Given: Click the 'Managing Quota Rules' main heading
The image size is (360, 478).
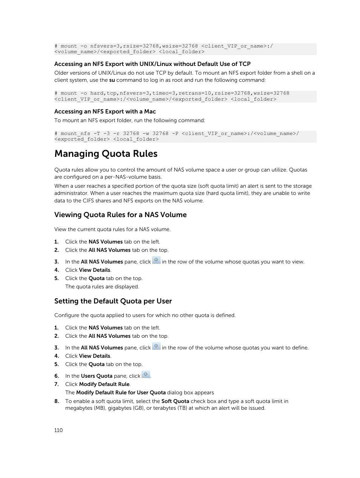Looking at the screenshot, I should [106, 154].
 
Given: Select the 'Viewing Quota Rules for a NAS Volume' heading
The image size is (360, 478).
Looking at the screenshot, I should [120, 215].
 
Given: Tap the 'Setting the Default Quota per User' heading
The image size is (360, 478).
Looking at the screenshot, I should [113, 301].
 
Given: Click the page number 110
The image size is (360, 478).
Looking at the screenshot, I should [58, 430].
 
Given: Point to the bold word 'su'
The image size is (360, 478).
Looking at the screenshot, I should [112, 80].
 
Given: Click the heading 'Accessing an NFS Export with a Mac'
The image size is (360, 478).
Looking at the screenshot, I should [105, 112].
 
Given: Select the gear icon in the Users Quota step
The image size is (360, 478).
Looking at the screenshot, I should [146, 375].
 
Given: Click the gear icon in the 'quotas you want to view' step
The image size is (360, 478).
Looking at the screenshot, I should [156, 260].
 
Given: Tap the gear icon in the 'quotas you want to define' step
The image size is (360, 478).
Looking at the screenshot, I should [156, 346].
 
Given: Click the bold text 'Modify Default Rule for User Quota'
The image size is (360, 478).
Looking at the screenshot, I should [121, 392].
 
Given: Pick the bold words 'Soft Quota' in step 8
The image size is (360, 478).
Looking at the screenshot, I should [175, 401].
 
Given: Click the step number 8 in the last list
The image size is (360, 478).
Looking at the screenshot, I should [57, 401].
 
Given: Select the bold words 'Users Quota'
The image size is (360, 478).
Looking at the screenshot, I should [97, 376].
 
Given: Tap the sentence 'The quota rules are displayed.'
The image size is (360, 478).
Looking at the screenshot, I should [102, 286].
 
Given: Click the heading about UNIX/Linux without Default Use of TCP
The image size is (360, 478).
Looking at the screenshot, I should [152, 64].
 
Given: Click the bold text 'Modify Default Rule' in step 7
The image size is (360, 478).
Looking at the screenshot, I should [104, 384].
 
